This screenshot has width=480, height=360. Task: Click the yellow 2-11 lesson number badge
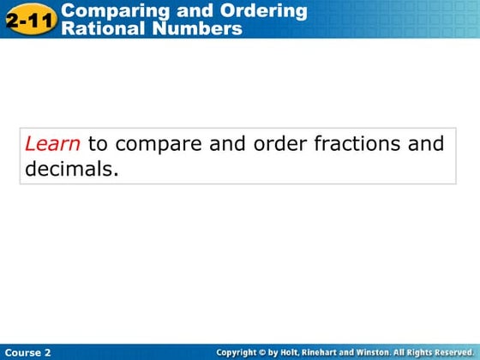pos(30,19)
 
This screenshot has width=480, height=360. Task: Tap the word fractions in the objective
pos(358,144)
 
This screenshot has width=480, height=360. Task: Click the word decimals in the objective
pos(69,169)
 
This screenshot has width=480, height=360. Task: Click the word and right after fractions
pos(426,144)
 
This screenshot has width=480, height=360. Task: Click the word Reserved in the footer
pos(452,352)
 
